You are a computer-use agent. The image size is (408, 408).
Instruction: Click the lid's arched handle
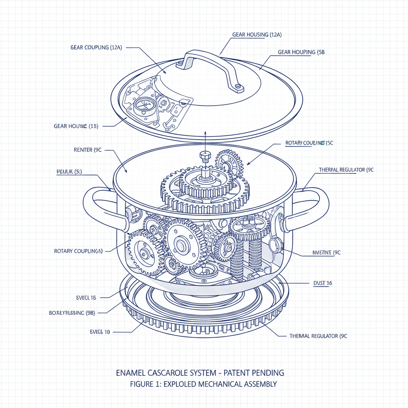(211, 56)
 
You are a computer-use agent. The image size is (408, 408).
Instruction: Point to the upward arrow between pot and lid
(205, 139)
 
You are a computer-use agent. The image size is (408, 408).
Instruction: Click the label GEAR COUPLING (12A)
(96, 47)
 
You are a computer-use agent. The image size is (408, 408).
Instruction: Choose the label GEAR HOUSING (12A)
(257, 35)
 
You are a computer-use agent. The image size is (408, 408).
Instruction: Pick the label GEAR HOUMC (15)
(76, 126)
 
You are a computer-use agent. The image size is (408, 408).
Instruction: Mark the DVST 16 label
(323, 283)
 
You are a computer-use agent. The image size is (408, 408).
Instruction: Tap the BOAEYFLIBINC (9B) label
(72, 313)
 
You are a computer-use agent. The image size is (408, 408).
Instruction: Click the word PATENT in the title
(235, 373)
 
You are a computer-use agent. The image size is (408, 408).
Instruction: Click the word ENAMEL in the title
(130, 373)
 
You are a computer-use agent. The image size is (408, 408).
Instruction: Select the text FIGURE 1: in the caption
(145, 384)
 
